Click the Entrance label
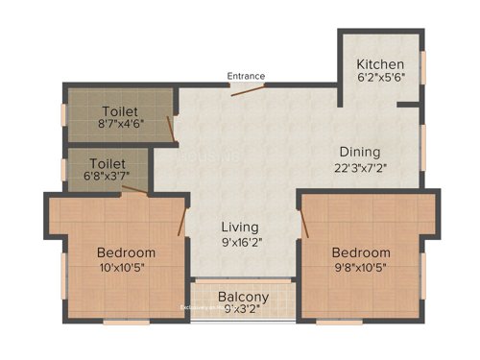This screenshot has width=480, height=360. pos(246,76)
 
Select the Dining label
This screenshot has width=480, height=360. pos(359,152)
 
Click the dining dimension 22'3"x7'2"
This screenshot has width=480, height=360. pos(359,168)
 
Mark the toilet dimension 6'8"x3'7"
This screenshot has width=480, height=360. pos(107,178)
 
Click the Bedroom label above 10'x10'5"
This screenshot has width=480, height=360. pos(126,252)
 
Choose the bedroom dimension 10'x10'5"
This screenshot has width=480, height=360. pos(126,269)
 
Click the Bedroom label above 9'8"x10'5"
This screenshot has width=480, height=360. pos(361,252)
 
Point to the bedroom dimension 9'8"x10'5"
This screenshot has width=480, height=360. pos(361,269)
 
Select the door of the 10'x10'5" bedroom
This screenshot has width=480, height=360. pos(181,219)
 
